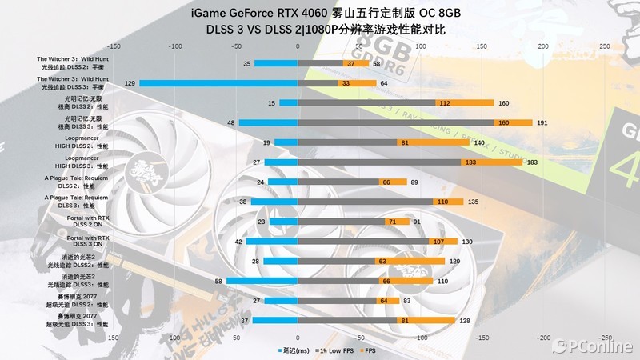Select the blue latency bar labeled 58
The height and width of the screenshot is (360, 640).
[x=262, y=281]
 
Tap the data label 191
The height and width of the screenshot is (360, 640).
[x=542, y=122]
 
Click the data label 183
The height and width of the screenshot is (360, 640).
[x=532, y=162]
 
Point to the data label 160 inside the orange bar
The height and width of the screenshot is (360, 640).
[x=504, y=122]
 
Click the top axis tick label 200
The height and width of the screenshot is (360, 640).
[x=543, y=46]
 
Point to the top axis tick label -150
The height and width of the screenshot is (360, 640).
[x=113, y=46]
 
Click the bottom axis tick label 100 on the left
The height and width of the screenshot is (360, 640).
[x=174, y=338]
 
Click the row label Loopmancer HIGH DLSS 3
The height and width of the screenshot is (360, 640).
[x=82, y=162]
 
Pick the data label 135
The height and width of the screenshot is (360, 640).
[x=473, y=202]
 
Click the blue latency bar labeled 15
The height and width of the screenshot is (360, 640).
[x=288, y=102]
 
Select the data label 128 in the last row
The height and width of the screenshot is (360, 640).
[x=464, y=321]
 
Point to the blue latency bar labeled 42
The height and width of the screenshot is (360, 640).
[x=271, y=242]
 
